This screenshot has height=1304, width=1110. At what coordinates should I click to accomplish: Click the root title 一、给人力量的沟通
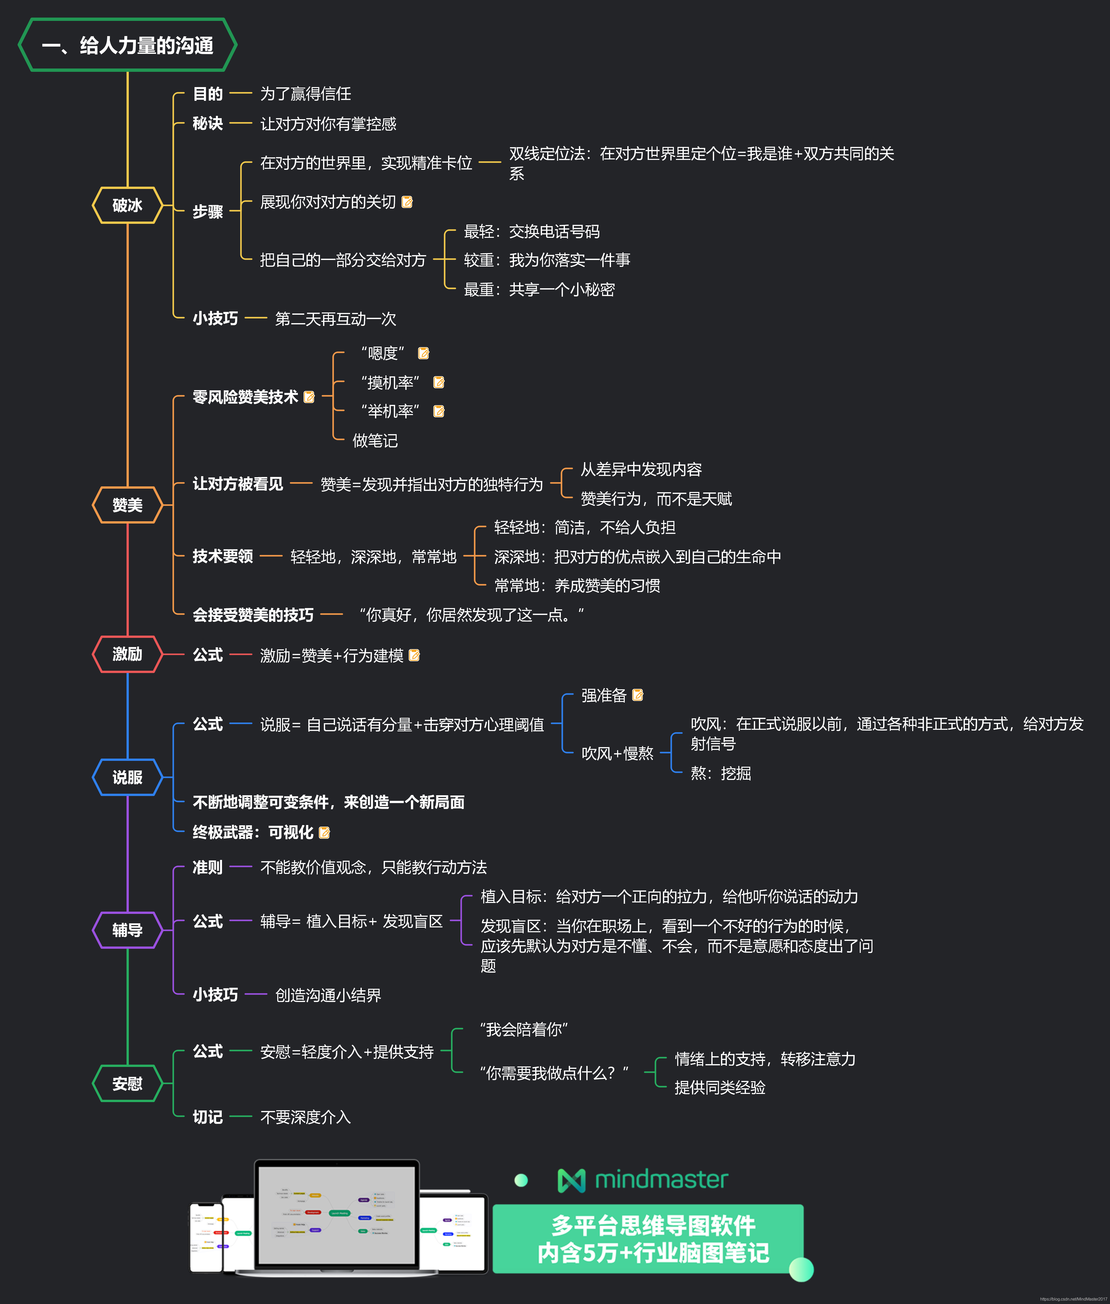128,45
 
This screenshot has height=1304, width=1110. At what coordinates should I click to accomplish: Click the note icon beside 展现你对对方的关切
407,202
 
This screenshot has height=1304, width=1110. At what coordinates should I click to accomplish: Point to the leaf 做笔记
375,441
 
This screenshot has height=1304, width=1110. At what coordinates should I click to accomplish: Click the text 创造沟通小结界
328,995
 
